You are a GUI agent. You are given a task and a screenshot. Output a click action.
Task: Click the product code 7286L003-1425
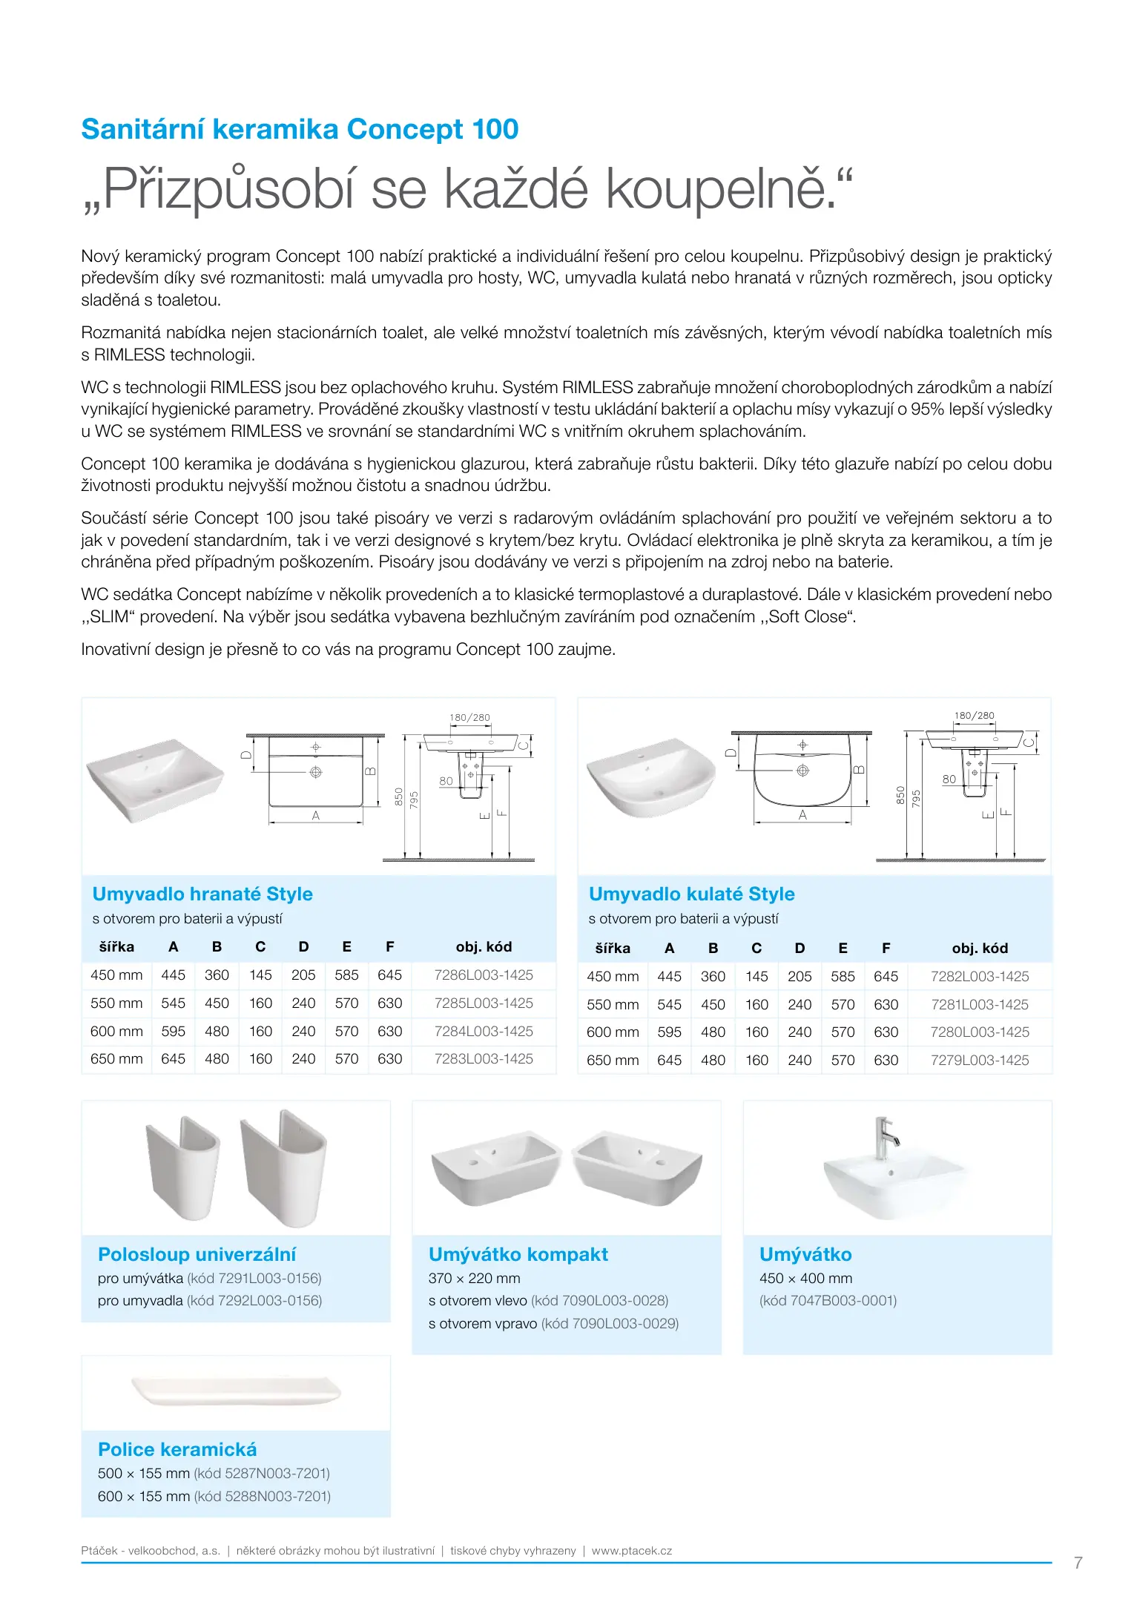pos(484,975)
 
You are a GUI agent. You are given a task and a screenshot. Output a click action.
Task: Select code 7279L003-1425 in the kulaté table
pos(980,1061)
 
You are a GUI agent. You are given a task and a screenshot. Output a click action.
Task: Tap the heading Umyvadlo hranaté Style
pos(202,894)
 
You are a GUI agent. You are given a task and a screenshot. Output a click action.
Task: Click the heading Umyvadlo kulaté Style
pos(691,894)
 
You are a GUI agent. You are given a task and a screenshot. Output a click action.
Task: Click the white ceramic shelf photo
pos(236,1391)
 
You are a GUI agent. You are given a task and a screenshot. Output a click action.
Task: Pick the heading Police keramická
pos(177,1449)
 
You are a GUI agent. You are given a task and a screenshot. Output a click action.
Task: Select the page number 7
pos(1078,1563)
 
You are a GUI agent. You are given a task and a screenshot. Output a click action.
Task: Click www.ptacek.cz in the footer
pos(632,1551)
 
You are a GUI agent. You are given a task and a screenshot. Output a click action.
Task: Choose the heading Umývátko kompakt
pos(518,1254)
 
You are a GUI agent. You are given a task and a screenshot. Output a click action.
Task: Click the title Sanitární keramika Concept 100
pos(300,129)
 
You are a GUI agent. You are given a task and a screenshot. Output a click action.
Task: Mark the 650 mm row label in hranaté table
pos(116,1059)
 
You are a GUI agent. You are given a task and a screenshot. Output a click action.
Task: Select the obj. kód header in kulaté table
pos(980,948)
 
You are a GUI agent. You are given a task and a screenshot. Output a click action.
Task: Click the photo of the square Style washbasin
pos(155,779)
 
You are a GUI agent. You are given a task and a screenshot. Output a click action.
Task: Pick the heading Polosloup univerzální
pos(197,1254)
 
